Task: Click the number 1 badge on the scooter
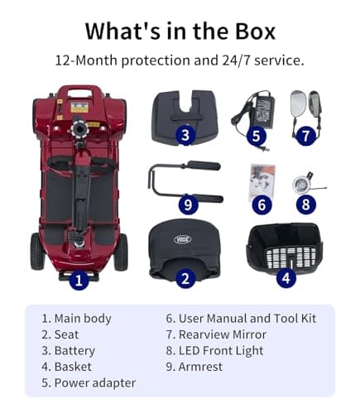(79, 280)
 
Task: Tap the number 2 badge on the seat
(185, 279)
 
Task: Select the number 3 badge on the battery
(185, 134)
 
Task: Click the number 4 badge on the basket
(286, 279)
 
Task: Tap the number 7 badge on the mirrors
(307, 134)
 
